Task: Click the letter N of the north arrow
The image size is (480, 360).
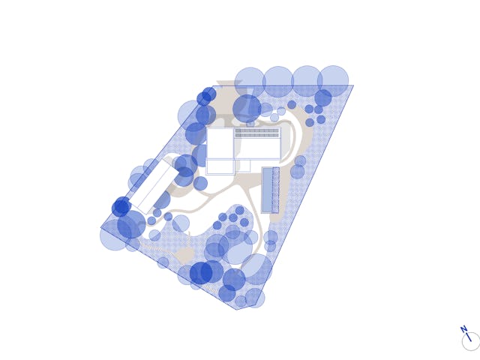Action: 463,329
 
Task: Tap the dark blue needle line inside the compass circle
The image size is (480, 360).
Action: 468,337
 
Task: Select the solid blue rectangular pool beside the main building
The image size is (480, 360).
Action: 267,190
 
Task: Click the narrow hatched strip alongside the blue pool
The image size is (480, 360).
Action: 275,190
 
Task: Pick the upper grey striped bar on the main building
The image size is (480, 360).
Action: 257,130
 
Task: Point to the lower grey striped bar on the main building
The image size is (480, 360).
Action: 257,135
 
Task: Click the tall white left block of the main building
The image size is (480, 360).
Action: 220,143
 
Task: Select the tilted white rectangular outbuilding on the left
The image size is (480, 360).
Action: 153,187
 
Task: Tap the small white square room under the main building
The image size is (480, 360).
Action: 244,166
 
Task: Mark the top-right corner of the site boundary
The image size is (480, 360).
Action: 353,85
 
